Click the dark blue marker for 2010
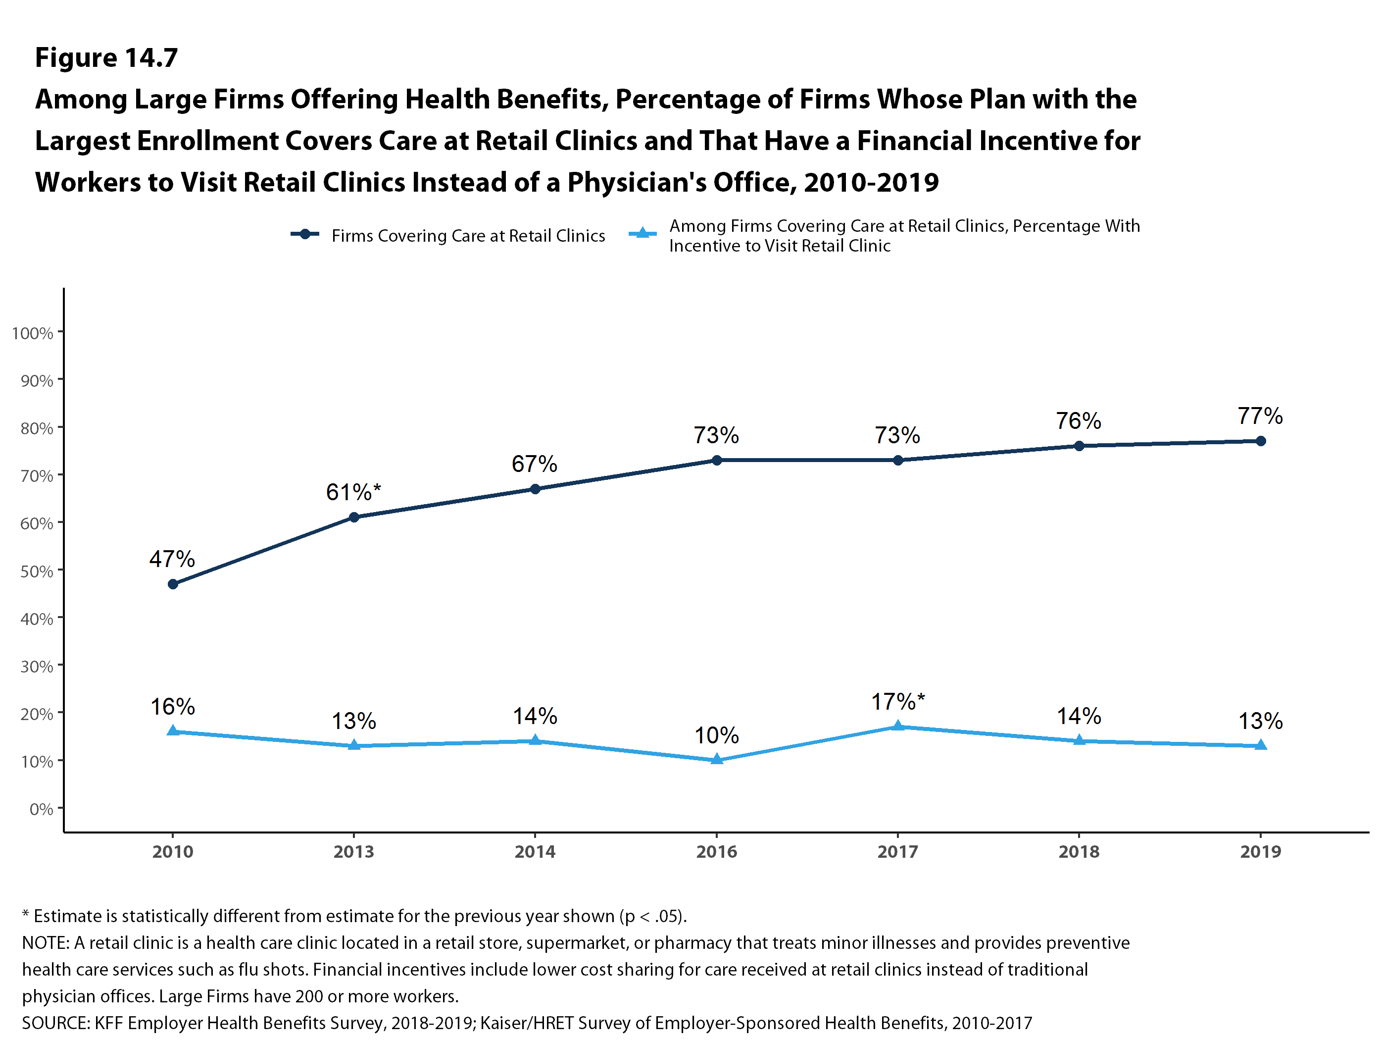(173, 584)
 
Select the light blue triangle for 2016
(717, 759)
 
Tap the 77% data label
(1260, 416)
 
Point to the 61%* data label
(353, 492)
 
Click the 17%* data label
(897, 701)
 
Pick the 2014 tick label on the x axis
(535, 851)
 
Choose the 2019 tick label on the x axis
(1260, 851)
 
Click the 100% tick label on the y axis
(33, 333)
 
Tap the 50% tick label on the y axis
(36, 571)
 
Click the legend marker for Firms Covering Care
(305, 234)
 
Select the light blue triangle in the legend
(642, 234)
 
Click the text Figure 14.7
(106, 57)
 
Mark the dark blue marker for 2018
(1079, 446)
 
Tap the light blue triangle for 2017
(898, 726)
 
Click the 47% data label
(172, 559)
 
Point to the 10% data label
(716, 735)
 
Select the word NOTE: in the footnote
(46, 942)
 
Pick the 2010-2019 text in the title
(871, 182)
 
